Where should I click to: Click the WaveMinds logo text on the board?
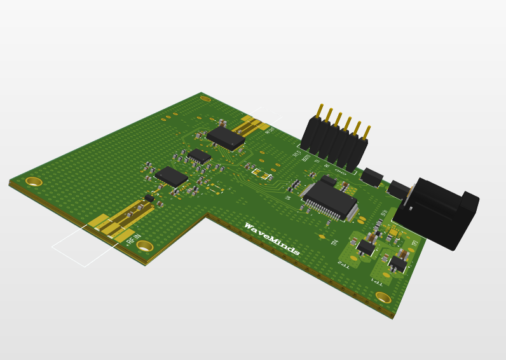pyautogui.click(x=271, y=240)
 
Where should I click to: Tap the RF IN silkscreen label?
pyautogui.click(x=133, y=238)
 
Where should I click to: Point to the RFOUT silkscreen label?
pyautogui.click(x=270, y=130)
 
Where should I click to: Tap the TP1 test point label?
pyautogui.click(x=377, y=280)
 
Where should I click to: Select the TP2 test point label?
pyautogui.click(x=343, y=263)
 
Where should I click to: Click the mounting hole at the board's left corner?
pyautogui.click(x=34, y=182)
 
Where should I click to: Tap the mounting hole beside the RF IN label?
pyautogui.click(x=145, y=246)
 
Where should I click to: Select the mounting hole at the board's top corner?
pyautogui.click(x=205, y=99)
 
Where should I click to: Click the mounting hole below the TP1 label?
pyautogui.click(x=383, y=297)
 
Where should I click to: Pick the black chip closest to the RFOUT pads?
pyautogui.click(x=226, y=137)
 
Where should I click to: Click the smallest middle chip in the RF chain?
pyautogui.click(x=200, y=156)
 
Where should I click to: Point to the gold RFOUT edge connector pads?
pyautogui.click(x=254, y=124)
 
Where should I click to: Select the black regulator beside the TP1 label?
pyautogui.click(x=398, y=263)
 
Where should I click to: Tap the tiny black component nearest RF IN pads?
pyautogui.click(x=149, y=198)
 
